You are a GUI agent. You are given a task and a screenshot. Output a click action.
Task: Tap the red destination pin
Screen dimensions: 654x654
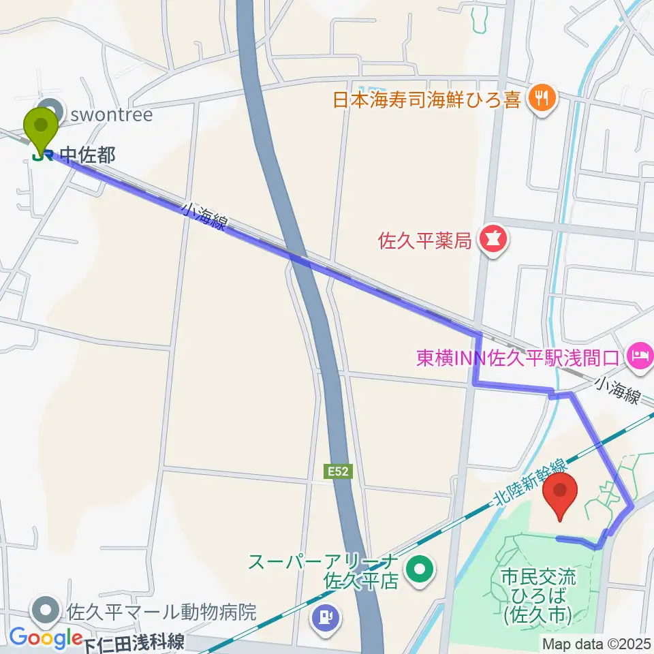(561, 495)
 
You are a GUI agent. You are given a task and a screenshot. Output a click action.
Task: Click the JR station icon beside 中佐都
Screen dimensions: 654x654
(43, 156)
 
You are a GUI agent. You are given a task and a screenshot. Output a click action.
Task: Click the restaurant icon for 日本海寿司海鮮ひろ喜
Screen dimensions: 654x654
(543, 99)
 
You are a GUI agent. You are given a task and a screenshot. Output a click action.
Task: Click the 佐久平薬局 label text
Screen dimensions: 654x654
(424, 241)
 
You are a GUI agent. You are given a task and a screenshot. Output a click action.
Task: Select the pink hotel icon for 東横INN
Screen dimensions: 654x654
(640, 356)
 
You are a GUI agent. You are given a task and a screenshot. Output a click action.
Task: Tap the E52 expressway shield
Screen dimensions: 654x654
(339, 471)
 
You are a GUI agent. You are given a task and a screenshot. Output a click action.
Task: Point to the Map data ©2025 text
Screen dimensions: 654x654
(597, 642)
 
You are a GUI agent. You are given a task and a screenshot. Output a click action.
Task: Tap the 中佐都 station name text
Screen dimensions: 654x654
(88, 156)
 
